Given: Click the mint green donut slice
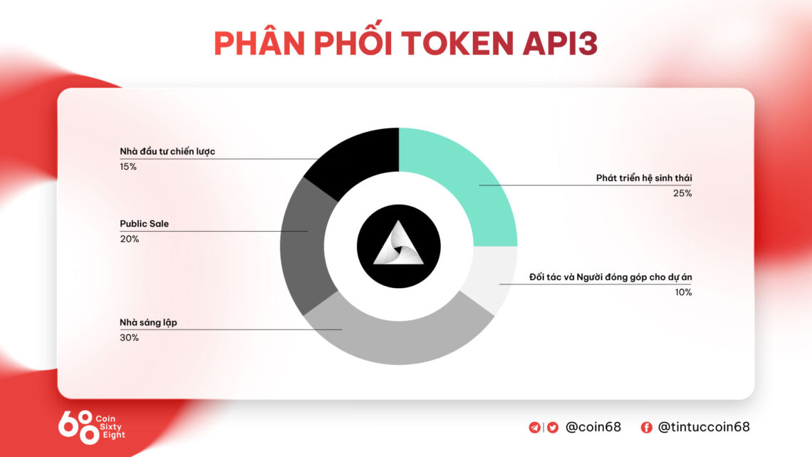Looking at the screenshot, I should pos(463,178).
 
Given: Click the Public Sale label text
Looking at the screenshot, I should pos(144,224).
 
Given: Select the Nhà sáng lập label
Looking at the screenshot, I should pos(148,322).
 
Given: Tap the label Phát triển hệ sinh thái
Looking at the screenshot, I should pos(644,178).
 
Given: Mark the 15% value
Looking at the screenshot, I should pos(128,167).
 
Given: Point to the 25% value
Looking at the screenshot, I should pos(683,193).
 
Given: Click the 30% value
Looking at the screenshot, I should pos(129,337).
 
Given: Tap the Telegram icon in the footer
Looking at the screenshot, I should pos(534,428).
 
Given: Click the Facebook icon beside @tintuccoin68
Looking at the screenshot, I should pos(647,428).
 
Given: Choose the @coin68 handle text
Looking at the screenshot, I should pos(593,428).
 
